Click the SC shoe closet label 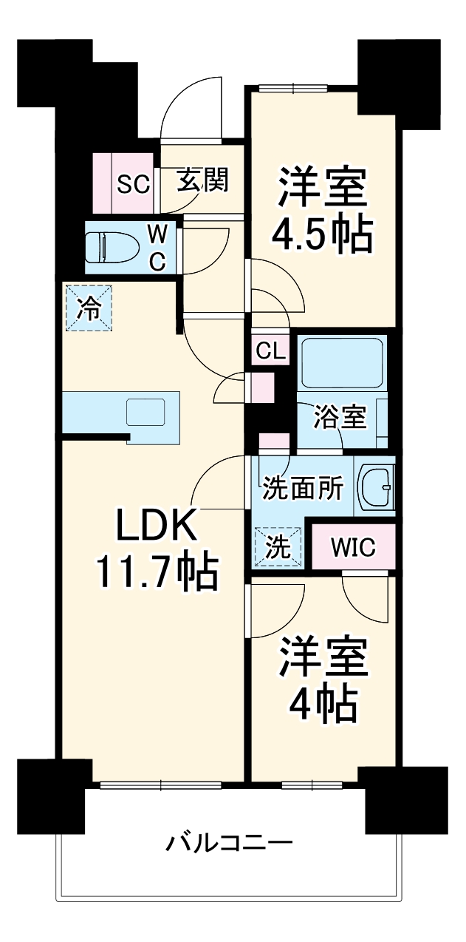(x=134, y=183)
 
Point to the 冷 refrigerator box (x=89, y=308)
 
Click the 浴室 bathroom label (x=340, y=419)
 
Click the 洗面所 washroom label (x=303, y=488)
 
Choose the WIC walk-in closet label (x=353, y=548)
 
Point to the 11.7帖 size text (x=156, y=571)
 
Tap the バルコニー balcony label (x=230, y=842)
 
